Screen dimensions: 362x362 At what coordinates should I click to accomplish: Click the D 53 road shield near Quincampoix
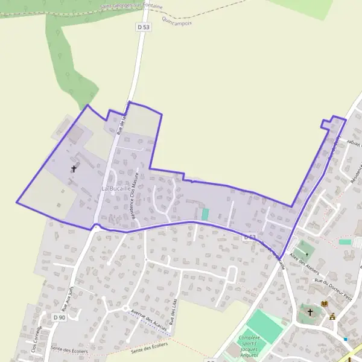[142, 27]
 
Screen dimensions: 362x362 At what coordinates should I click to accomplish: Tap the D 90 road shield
[59, 317]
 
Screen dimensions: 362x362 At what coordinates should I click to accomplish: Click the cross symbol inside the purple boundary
[74, 169]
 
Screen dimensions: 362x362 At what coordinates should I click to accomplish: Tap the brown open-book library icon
[325, 303]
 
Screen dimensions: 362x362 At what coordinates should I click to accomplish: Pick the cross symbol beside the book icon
[311, 312]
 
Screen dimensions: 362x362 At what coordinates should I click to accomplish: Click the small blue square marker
[346, 339]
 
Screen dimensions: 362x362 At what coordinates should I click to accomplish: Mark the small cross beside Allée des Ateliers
[306, 255]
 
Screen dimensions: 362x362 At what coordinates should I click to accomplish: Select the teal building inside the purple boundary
[205, 214]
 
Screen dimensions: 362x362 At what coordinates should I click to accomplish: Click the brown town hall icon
[332, 316]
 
